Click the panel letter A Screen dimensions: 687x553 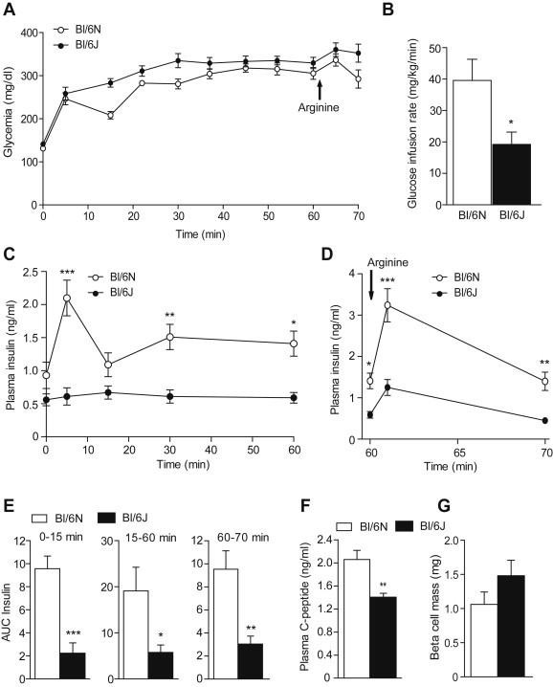tap(9, 11)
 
